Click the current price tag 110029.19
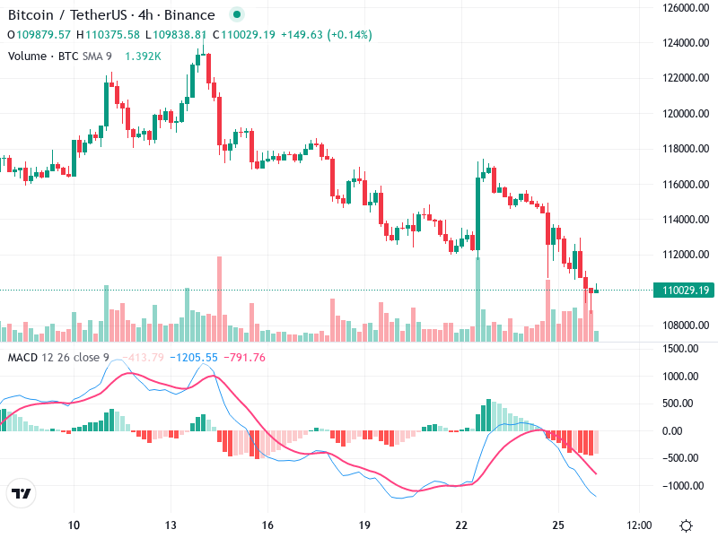tap(687, 290)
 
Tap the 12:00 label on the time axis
tap(638, 524)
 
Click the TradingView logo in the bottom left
tap(21, 493)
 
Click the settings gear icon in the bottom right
tap(687, 525)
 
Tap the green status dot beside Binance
tap(236, 15)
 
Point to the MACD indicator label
tap(23, 358)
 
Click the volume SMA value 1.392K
tap(143, 56)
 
